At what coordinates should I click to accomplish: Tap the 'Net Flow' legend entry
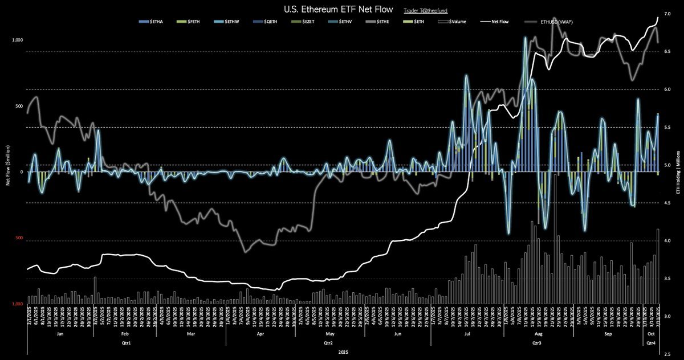(496, 22)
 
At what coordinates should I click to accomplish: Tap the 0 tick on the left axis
(21, 172)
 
